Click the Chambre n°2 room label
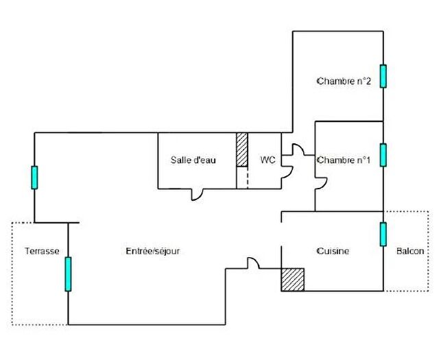click(344, 82)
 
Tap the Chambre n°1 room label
click(344, 160)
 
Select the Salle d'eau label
click(193, 160)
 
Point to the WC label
click(267, 160)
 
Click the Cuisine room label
click(333, 252)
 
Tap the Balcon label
click(410, 252)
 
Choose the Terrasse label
click(42, 252)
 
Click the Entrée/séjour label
click(152, 252)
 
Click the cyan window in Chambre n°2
click(383, 76)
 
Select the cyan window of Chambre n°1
click(383, 155)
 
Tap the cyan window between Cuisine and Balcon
click(383, 234)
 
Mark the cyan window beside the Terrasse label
click(68, 274)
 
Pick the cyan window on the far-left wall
click(34, 178)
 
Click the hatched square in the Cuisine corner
click(292, 279)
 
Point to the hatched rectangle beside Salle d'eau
click(241, 149)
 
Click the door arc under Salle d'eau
click(196, 195)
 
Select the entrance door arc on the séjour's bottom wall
click(252, 263)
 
